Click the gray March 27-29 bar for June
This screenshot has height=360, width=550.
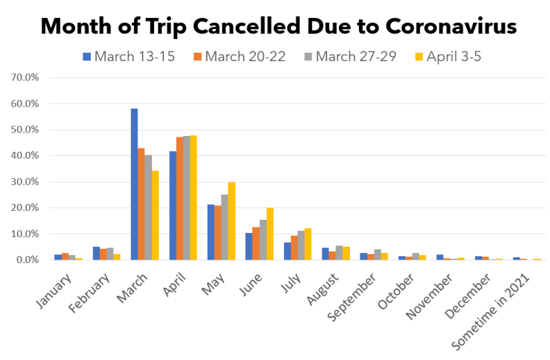coord(263,240)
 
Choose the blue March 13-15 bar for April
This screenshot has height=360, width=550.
coord(173,205)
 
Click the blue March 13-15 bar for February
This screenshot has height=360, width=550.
coord(96,254)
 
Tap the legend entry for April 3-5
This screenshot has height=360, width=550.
coord(448,56)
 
